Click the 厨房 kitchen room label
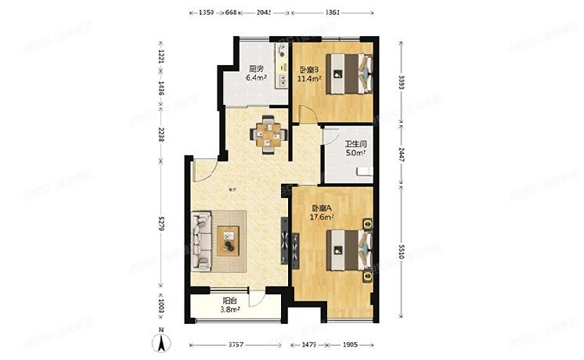(255, 68)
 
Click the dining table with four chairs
(269, 133)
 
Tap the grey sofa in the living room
(200, 239)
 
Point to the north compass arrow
(160, 342)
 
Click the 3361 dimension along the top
(331, 12)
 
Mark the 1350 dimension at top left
(206, 12)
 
